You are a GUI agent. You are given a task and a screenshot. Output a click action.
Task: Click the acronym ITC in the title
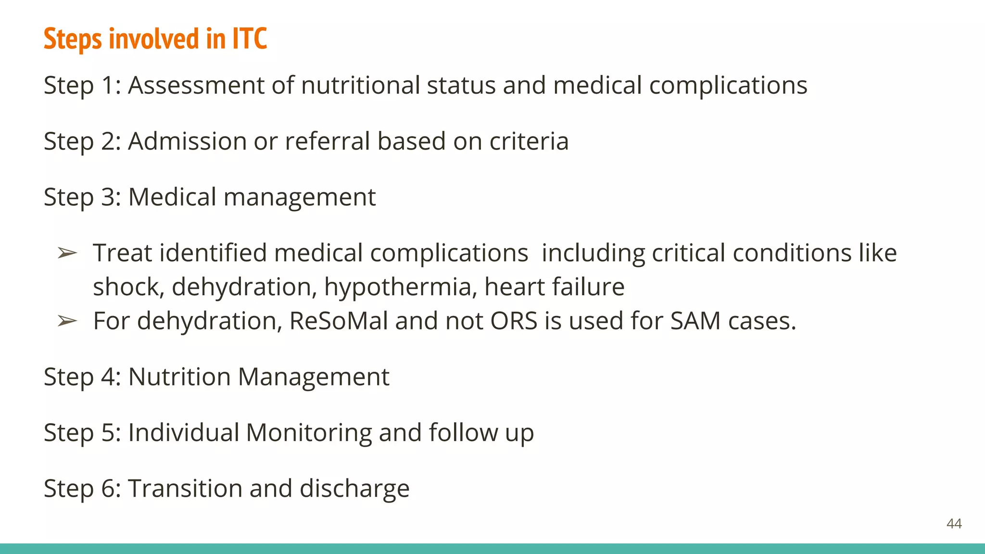250,38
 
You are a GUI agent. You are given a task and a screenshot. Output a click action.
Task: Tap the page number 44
954,523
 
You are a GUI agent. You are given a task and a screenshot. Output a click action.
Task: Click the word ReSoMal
339,321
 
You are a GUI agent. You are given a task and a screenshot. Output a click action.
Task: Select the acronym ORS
514,321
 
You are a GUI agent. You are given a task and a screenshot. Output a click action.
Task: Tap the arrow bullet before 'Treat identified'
67,253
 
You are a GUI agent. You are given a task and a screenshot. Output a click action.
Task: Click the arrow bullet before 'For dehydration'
67,321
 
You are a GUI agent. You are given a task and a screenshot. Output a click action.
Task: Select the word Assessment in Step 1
196,86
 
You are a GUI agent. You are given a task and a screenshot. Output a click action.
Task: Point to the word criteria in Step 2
529,141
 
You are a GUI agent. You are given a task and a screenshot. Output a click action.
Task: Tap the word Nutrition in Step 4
179,377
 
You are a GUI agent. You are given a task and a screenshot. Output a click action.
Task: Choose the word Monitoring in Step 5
309,432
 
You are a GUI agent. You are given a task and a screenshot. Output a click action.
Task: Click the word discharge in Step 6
354,489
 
